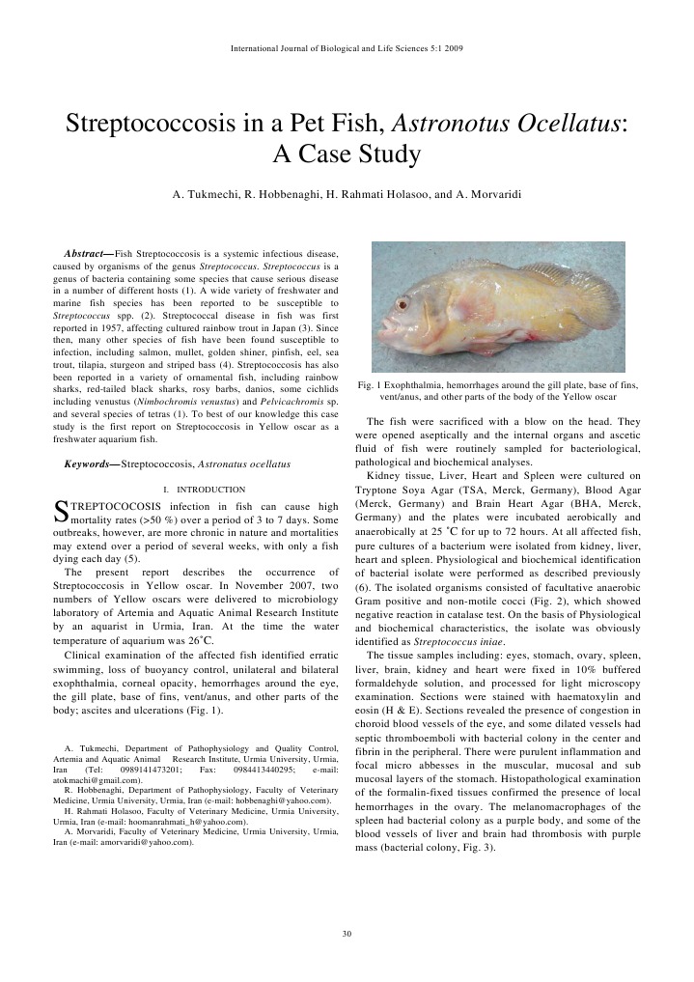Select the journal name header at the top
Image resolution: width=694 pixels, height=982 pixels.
coord(347,47)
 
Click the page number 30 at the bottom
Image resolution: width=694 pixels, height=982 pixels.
coord(347,933)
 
